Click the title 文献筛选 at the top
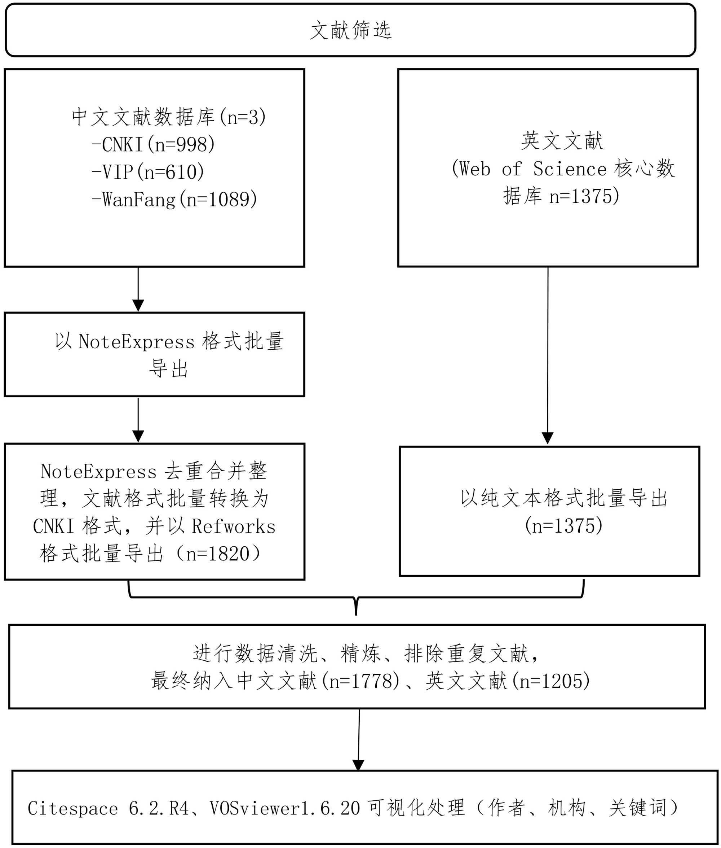point(351,30)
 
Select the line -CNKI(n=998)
point(153,144)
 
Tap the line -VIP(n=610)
point(148,172)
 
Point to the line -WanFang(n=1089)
point(174,200)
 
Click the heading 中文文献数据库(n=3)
point(169,117)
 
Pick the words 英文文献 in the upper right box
point(562,141)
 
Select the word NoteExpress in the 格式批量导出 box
point(137,342)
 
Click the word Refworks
point(234,526)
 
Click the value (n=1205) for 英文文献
point(551,681)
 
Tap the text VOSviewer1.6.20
point(285,808)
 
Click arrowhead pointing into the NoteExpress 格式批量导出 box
point(138,305)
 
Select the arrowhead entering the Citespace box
point(358,765)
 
